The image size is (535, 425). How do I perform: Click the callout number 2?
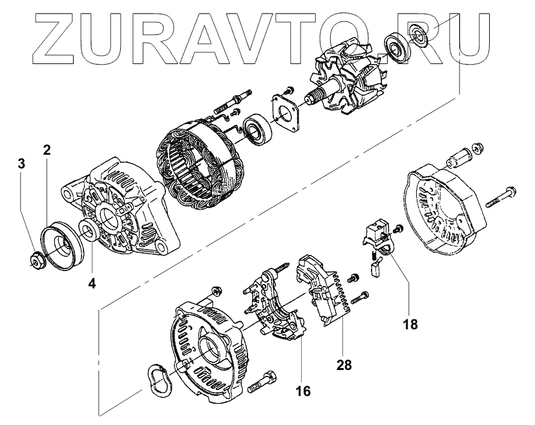coord(47,150)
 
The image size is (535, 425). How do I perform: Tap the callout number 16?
coord(304,391)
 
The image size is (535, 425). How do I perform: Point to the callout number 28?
coord(344,365)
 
